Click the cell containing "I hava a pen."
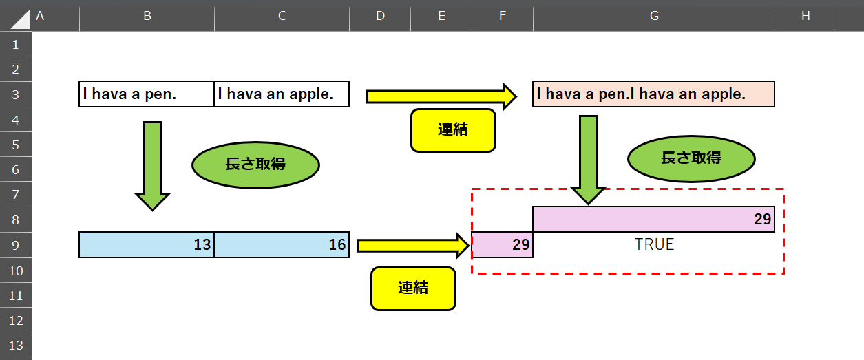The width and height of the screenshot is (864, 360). point(147,94)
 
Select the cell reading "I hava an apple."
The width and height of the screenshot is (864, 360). point(282,94)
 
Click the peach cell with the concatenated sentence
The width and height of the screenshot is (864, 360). point(653,94)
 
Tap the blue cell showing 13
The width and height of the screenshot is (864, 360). point(147,245)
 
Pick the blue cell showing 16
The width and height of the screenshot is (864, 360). point(282,245)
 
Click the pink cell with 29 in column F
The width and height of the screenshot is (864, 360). point(503,245)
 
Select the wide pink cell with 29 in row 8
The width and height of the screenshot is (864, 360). point(653,220)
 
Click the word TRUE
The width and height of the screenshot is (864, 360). point(654,245)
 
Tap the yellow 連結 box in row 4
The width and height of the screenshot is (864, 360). point(453,130)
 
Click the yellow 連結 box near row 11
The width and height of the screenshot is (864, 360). point(413,288)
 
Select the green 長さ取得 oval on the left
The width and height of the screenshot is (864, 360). point(255,165)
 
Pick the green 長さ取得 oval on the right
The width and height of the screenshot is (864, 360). point(691,158)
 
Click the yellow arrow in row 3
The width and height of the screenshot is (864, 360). point(441,96)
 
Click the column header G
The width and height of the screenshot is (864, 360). point(653,16)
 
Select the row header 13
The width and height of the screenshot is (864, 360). point(16,345)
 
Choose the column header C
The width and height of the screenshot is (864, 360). point(282,16)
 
